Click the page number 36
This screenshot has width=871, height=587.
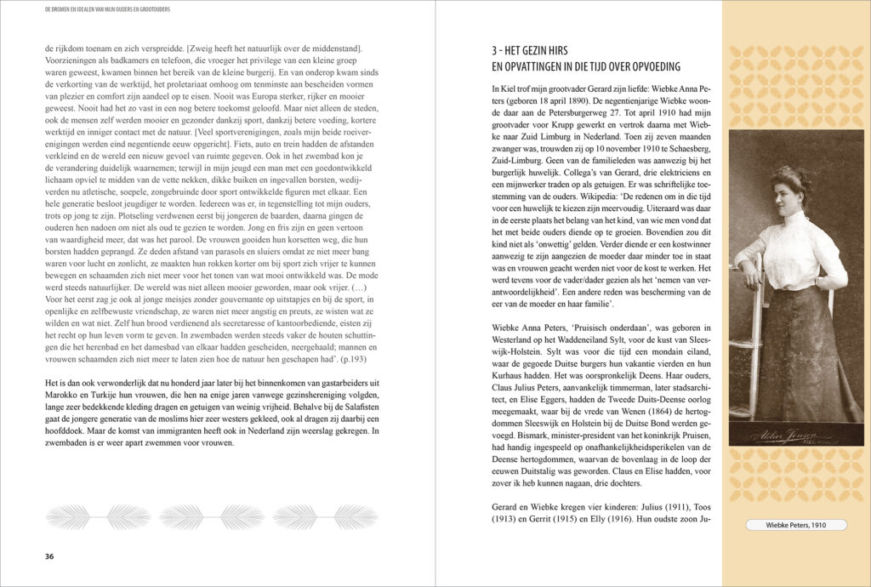pyautogui.click(x=49, y=556)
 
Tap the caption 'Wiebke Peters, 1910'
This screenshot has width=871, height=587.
pyautogui.click(x=795, y=525)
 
